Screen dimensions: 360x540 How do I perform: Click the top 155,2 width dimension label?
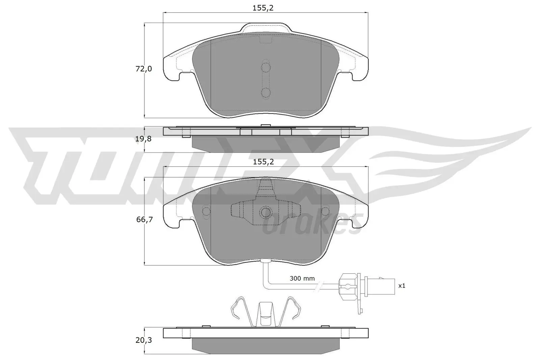tap(263, 8)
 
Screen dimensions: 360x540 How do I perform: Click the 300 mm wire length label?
tap(302, 278)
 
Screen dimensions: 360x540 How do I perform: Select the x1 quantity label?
tap(402, 286)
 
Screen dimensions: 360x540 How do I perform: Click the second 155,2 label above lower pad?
tap(263, 162)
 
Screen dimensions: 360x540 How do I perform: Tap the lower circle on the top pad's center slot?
tap(266, 92)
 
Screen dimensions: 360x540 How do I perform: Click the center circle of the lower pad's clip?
tap(266, 212)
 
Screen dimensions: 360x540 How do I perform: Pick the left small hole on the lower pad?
tap(206, 211)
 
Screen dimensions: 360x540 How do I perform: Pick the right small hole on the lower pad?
tap(325, 211)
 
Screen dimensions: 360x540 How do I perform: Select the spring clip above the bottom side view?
tap(265, 313)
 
